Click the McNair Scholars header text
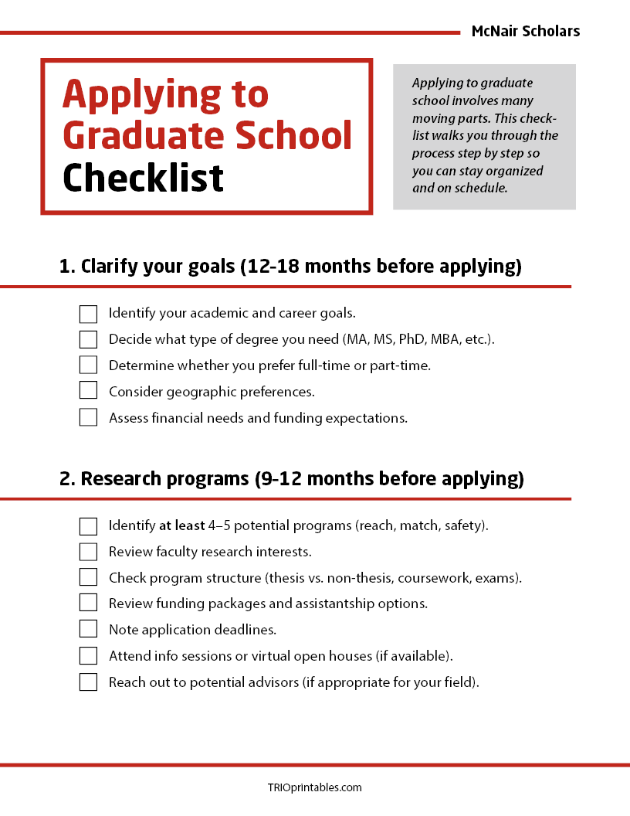[525, 32]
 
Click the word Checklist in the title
[143, 178]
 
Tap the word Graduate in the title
[144, 135]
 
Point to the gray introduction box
[484, 136]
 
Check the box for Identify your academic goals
[88, 314]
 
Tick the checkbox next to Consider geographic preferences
[88, 392]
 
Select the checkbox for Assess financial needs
[88, 418]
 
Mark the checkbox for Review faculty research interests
[88, 552]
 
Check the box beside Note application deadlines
[88, 630]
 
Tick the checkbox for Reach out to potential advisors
[88, 682]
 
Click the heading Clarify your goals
[290, 267]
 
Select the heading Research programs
[291, 479]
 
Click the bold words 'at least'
[182, 526]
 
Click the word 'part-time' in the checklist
[401, 365]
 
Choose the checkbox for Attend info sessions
[88, 656]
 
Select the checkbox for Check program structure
[88, 578]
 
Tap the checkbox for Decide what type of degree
[88, 339]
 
